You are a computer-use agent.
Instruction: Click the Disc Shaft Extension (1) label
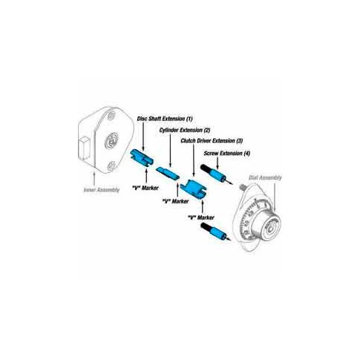click(165, 119)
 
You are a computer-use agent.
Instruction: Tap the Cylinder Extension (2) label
click(185, 130)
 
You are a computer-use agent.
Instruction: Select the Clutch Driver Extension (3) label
click(212, 141)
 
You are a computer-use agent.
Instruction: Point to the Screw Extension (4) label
click(227, 153)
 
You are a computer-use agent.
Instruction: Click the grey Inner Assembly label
click(102, 190)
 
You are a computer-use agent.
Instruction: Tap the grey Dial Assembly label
click(265, 177)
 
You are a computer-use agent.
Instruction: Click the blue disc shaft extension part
click(142, 158)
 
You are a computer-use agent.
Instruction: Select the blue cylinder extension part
click(168, 173)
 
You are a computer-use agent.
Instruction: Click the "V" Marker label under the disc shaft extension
click(145, 188)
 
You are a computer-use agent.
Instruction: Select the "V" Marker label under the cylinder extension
click(175, 201)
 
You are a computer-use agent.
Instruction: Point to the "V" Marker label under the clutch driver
click(201, 217)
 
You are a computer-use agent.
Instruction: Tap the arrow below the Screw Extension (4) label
click(217, 163)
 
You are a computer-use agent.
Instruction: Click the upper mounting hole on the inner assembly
click(111, 115)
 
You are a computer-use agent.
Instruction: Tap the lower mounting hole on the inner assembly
click(111, 166)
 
